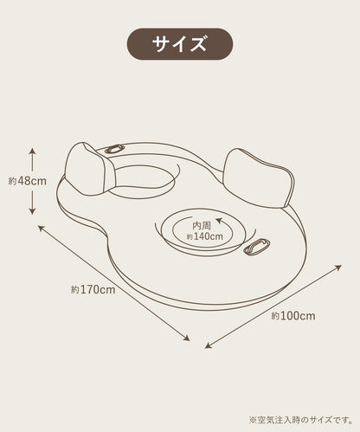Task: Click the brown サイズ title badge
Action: pyautogui.click(x=180, y=44)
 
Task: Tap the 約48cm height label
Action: pyautogui.click(x=28, y=181)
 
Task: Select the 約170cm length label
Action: pyautogui.click(x=93, y=289)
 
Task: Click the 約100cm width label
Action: pyautogui.click(x=293, y=316)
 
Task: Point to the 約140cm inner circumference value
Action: pyautogui.click(x=205, y=236)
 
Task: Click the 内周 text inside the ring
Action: pyautogui.click(x=202, y=225)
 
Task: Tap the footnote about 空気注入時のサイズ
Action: pyautogui.click(x=301, y=420)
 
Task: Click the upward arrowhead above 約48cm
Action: pyautogui.click(x=32, y=151)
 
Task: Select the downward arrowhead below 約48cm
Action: pyautogui.click(x=32, y=211)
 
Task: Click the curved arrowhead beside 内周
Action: pyautogui.click(x=219, y=221)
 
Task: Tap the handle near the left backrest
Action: pyautogui.click(x=114, y=149)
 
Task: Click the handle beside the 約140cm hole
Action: pyautogui.click(x=256, y=246)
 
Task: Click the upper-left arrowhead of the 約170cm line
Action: pyautogui.click(x=42, y=229)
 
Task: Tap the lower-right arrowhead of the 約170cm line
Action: pyautogui.click(x=187, y=338)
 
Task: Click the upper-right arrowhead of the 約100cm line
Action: pyautogui.click(x=338, y=268)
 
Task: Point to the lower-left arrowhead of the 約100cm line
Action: pyautogui.click(x=208, y=345)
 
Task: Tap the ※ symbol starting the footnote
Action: pyautogui.click(x=253, y=420)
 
